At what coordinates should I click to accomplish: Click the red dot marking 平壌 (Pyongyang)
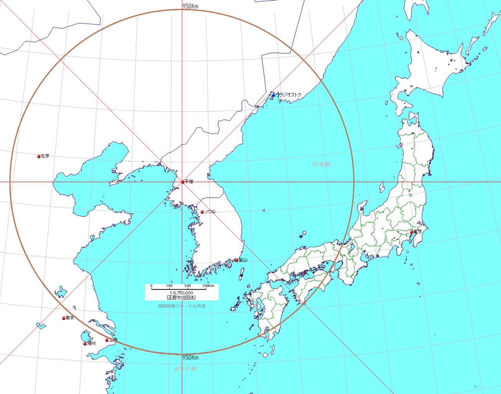pyautogui.click(x=183, y=182)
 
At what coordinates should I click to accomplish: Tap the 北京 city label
pyautogui.click(x=45, y=156)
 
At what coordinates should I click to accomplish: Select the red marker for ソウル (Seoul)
pyautogui.click(x=202, y=212)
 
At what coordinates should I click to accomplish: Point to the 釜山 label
pyautogui.click(x=243, y=260)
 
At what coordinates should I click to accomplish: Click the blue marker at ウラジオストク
pyautogui.click(x=273, y=95)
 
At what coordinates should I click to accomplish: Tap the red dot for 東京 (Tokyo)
pyautogui.click(x=411, y=232)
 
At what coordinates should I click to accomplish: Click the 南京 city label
pyautogui.click(x=70, y=318)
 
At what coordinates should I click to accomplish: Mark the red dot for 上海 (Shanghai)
pyautogui.click(x=107, y=340)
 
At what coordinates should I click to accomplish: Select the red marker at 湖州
pyautogui.click(x=85, y=344)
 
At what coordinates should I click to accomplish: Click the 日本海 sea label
pyautogui.click(x=321, y=164)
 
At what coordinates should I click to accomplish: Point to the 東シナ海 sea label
pyautogui.click(x=185, y=369)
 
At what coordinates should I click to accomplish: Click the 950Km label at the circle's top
pyautogui.click(x=191, y=6)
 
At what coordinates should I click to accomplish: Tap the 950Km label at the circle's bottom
pyautogui.click(x=191, y=358)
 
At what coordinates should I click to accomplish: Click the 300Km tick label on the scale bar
pyautogui.click(x=208, y=286)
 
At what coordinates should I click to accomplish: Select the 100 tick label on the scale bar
pyautogui.click(x=169, y=286)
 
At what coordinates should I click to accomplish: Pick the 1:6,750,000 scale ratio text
pyautogui.click(x=181, y=293)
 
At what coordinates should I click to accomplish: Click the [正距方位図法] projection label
pyautogui.click(x=181, y=298)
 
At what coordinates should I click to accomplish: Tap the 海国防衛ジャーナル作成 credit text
pyautogui.click(x=182, y=306)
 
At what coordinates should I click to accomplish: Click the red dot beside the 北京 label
pyautogui.click(x=39, y=156)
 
